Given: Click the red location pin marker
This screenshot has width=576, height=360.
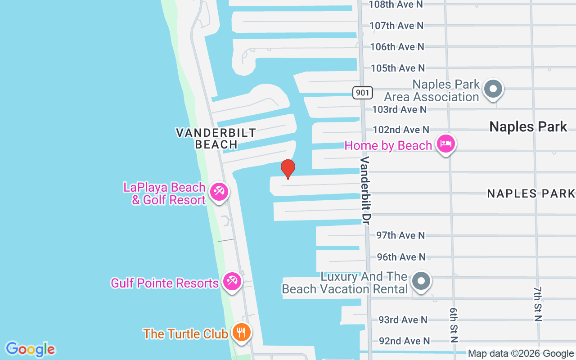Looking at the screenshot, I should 288,169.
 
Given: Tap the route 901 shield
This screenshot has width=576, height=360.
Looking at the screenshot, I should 362,93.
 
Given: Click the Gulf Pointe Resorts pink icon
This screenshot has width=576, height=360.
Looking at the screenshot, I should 232,282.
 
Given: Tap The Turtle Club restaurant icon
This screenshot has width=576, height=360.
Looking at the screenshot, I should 242,333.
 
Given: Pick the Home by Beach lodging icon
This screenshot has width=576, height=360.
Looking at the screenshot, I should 445,144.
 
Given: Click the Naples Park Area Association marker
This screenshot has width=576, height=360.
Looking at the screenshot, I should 493,89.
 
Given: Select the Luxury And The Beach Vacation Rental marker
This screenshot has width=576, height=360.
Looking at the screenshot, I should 421,281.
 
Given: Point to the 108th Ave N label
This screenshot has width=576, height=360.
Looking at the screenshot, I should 396,4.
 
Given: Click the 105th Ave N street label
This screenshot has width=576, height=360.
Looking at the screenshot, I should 398,68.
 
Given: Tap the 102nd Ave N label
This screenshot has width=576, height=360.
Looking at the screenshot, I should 400,130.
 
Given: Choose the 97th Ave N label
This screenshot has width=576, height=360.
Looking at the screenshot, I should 400,235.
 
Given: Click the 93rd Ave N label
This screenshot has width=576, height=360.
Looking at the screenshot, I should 403,320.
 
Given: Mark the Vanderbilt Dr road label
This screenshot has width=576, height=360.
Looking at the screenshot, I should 365,190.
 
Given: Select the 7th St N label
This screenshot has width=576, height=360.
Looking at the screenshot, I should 538,304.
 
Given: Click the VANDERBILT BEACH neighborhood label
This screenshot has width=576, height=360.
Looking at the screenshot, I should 216,138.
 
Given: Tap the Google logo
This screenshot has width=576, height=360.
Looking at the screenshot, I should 30,349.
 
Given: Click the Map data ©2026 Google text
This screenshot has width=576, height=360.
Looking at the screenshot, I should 521,354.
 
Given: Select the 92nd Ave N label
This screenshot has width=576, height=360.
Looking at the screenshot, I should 404,341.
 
